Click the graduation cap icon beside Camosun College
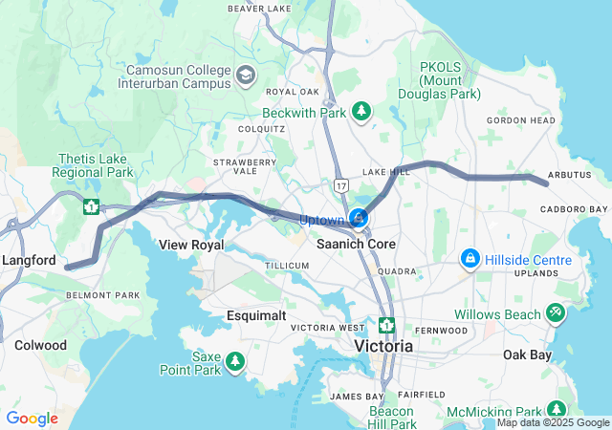pyautogui.click(x=246, y=75)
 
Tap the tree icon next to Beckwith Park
pyautogui.click(x=361, y=113)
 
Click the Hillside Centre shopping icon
pyautogui.click(x=470, y=259)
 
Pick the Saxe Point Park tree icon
pyautogui.click(x=234, y=362)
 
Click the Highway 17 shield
pyautogui.click(x=341, y=182)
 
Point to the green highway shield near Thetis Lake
pyautogui.click(x=91, y=205)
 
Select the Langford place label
pyautogui.click(x=30, y=260)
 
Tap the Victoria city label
pyautogui.click(x=383, y=345)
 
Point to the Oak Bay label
pyautogui.click(x=527, y=355)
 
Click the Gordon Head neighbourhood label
pyautogui.click(x=520, y=120)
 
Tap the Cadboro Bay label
pyautogui.click(x=574, y=209)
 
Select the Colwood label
pyautogui.click(x=40, y=345)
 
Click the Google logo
pyautogui.click(x=32, y=419)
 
